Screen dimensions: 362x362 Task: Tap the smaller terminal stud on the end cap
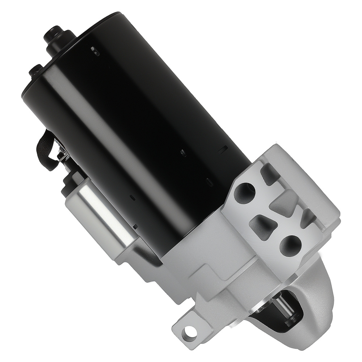tap(37, 70)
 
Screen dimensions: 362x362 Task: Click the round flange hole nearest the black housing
tap(245, 193)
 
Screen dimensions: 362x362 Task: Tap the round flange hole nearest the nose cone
tap(291, 246)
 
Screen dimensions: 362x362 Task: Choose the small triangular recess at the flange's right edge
tap(308, 217)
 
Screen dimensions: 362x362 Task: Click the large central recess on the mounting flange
tap(286, 203)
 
